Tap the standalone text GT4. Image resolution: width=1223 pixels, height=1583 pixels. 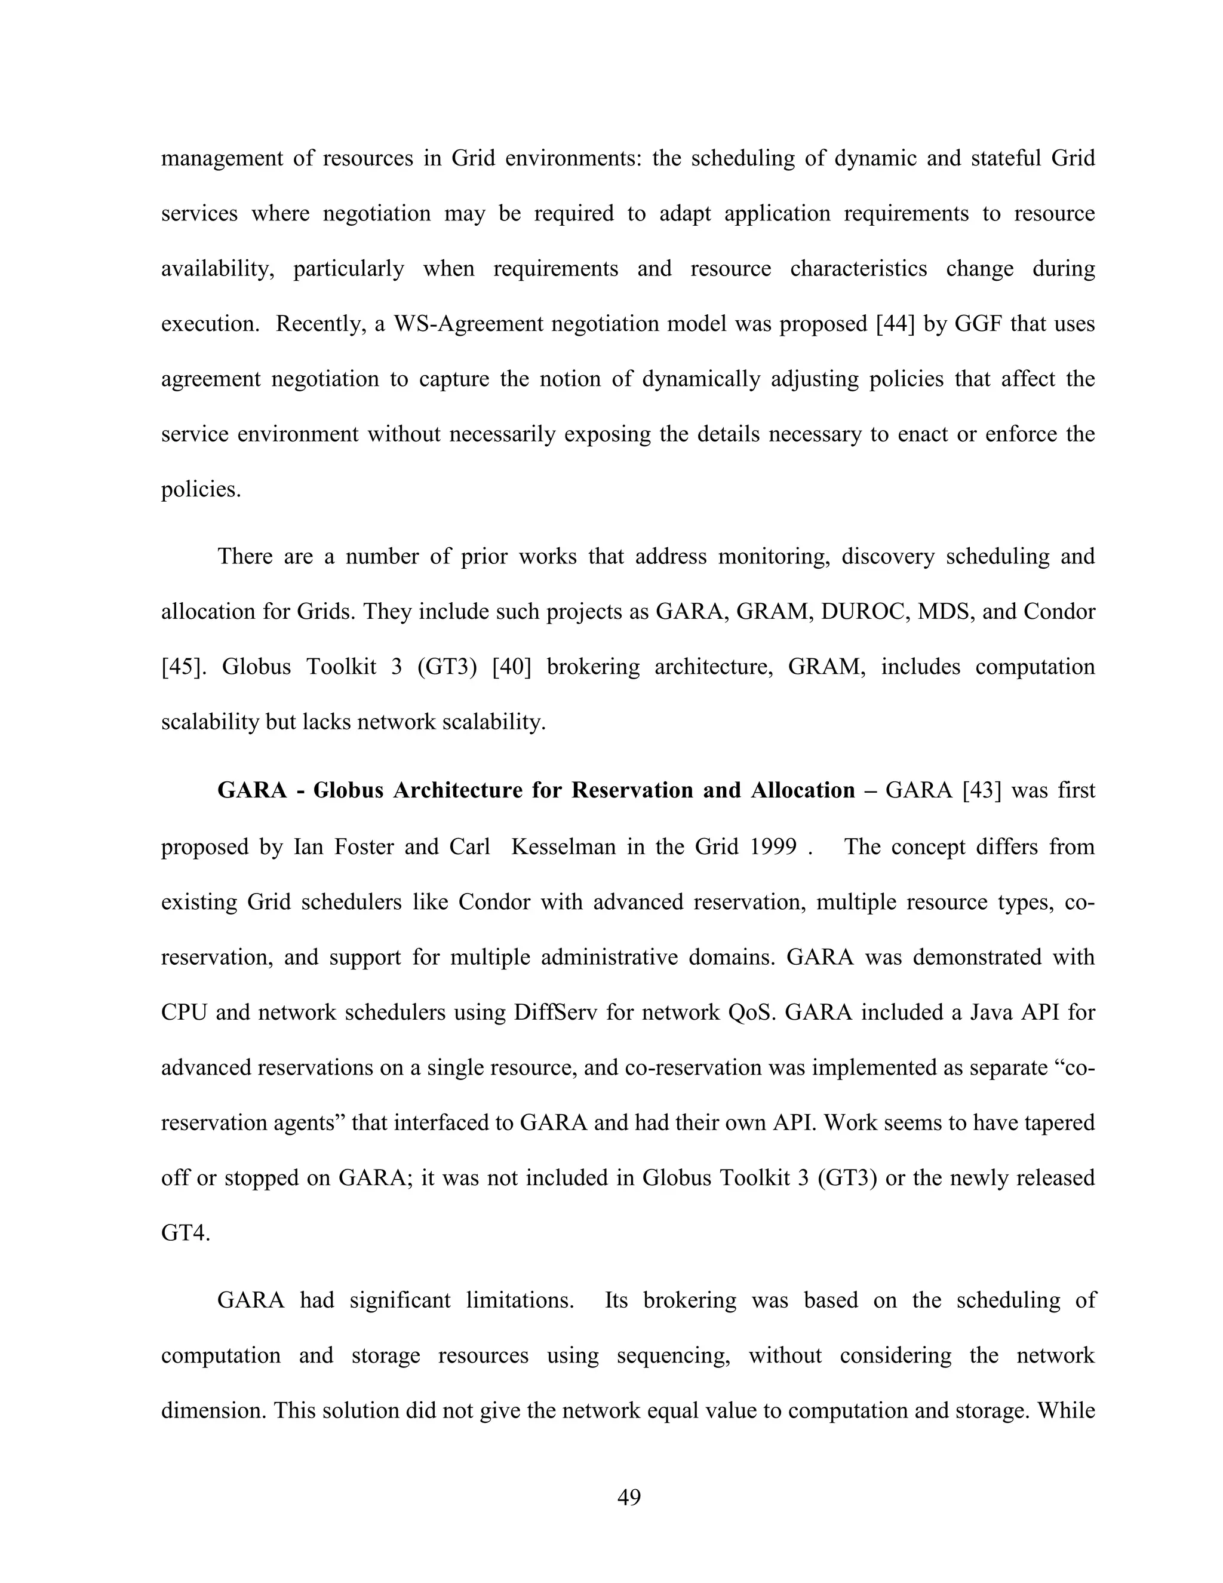[x=186, y=1234]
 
